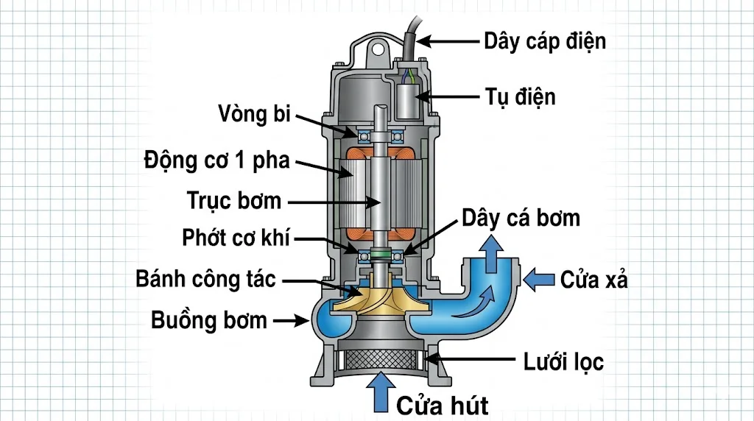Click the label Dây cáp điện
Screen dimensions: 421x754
(x=545, y=40)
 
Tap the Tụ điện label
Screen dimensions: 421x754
(x=521, y=96)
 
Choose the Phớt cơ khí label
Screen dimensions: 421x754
(x=236, y=238)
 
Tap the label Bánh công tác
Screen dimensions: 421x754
(x=206, y=280)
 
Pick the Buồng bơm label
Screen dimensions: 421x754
(x=209, y=320)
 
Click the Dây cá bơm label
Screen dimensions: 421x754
(x=521, y=218)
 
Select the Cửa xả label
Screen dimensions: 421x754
(x=594, y=280)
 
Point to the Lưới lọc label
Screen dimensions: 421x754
(x=564, y=361)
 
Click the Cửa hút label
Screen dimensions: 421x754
(x=442, y=404)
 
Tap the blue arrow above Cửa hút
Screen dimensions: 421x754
(x=380, y=392)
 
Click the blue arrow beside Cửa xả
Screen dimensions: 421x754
(x=540, y=279)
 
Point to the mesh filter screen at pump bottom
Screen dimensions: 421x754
(x=380, y=361)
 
